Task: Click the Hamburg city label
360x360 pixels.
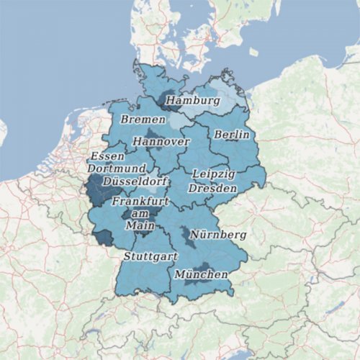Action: [x=192, y=101]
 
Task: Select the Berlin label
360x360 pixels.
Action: [x=231, y=135]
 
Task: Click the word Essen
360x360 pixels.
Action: [x=106, y=156]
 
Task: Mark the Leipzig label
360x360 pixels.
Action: [x=213, y=174]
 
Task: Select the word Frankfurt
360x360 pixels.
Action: [x=140, y=202]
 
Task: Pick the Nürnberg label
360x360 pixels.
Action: [x=217, y=235]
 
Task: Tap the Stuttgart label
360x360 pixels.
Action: [x=150, y=256]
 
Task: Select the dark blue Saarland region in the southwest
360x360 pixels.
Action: [x=103, y=238]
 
